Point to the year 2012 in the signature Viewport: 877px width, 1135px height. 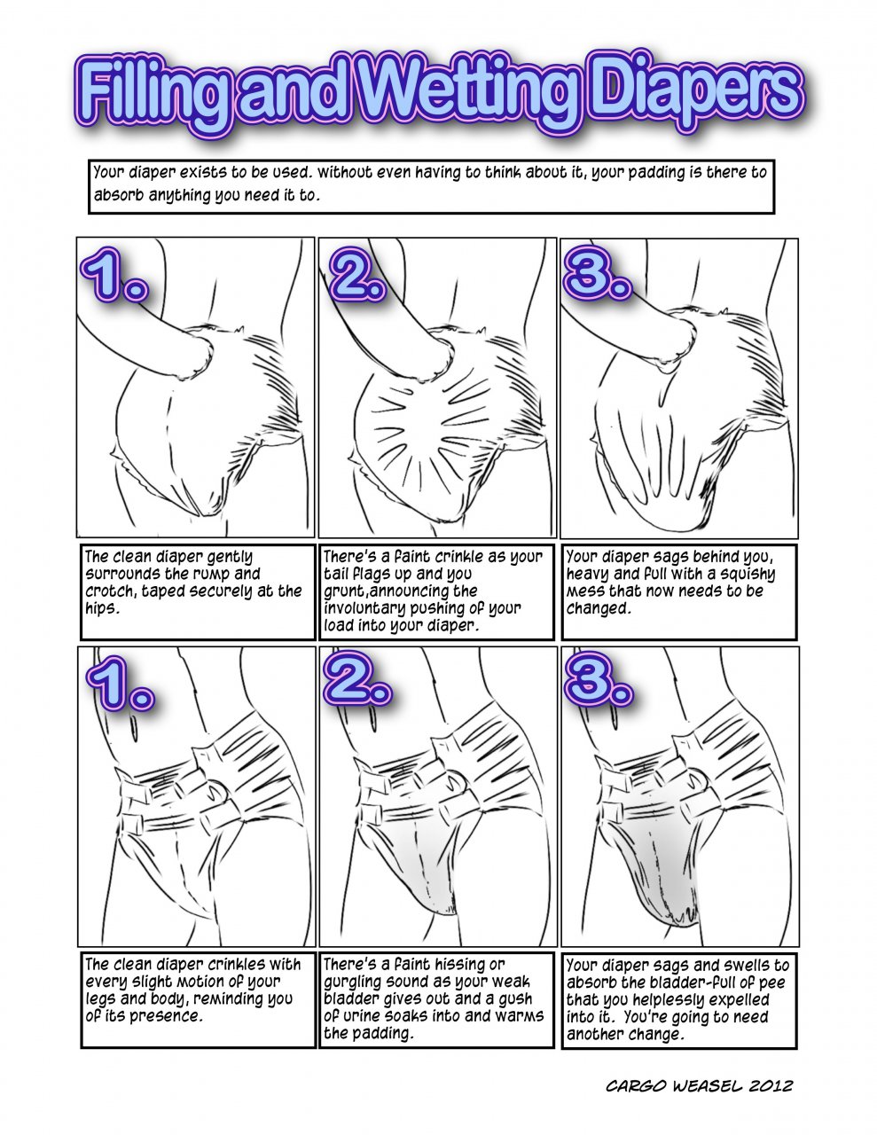coord(771,1086)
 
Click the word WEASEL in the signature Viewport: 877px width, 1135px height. coord(707,1086)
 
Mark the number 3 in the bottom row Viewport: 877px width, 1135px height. coord(599,679)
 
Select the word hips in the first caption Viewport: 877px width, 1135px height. coord(100,608)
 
